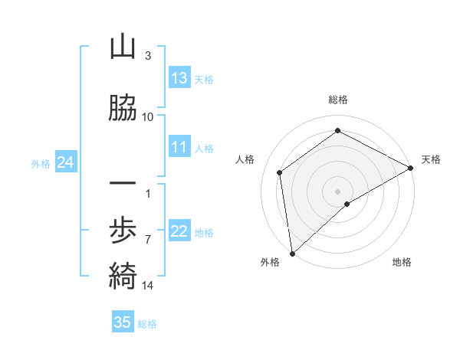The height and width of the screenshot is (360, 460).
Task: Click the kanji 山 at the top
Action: click(123, 47)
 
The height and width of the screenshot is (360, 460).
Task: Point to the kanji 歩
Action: click(123, 229)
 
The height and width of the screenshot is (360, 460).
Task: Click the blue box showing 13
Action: click(179, 78)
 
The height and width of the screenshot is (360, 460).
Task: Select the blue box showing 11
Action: click(179, 148)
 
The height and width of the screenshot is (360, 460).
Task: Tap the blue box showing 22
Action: click(179, 232)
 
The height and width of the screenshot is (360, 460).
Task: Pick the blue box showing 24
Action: click(66, 162)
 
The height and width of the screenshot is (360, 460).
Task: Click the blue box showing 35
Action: click(123, 322)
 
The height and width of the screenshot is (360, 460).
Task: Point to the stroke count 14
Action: click(148, 286)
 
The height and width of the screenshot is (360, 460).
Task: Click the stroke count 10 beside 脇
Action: click(148, 116)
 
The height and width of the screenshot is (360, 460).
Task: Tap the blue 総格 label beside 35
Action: click(147, 324)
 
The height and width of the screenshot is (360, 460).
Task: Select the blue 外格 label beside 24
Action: click(41, 163)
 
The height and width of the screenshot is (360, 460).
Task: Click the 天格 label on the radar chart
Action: click(431, 159)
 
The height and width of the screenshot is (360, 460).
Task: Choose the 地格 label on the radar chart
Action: click(402, 262)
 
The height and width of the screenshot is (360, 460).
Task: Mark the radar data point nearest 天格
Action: click(411, 168)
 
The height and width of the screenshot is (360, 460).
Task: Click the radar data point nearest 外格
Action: click(292, 254)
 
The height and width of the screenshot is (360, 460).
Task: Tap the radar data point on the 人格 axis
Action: click(280, 172)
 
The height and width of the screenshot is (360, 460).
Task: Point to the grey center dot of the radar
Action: click(337, 191)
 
